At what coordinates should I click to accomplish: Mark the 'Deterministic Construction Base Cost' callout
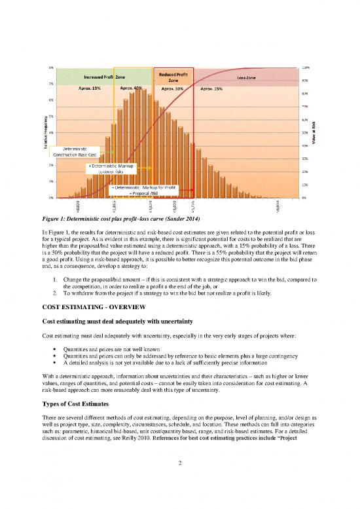tap(80, 152)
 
